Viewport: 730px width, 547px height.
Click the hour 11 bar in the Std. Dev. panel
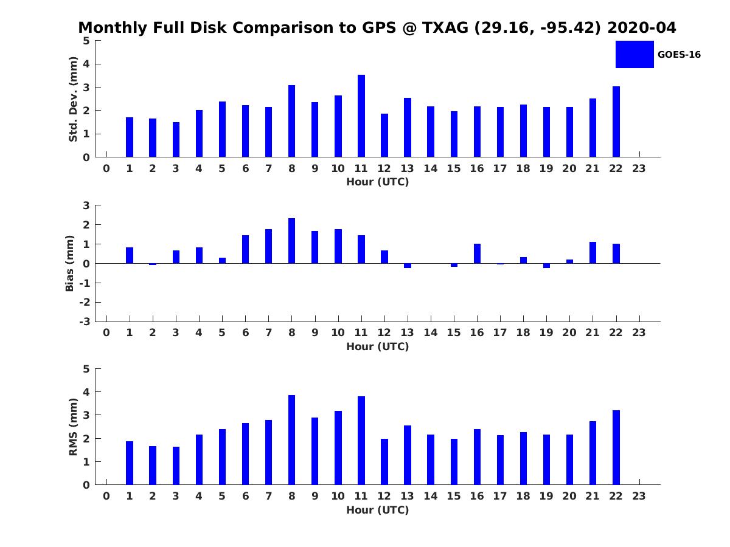click(x=361, y=116)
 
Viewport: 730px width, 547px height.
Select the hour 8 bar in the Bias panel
click(x=291, y=241)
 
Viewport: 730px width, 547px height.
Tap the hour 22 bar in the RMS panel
click(x=616, y=447)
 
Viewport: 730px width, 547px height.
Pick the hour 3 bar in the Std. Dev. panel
click(x=176, y=140)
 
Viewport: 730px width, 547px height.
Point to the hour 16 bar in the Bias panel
click(x=478, y=253)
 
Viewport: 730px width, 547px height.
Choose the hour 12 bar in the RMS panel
click(x=384, y=462)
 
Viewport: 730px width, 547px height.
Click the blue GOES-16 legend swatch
click(x=634, y=55)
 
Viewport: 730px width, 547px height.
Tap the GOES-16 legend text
click(x=679, y=55)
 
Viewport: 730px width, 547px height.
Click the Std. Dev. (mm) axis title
click(x=73, y=99)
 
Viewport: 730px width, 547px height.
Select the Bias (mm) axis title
click(x=69, y=263)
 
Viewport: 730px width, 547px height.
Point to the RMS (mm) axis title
click(x=73, y=427)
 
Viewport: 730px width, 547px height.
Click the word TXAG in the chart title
click(x=445, y=27)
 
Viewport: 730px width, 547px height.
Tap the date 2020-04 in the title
click(x=642, y=27)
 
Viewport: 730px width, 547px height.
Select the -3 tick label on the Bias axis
click(x=85, y=322)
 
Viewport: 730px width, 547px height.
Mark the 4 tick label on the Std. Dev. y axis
click(x=86, y=64)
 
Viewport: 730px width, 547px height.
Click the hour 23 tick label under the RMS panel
click(x=639, y=496)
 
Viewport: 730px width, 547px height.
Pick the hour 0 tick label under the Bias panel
click(x=106, y=332)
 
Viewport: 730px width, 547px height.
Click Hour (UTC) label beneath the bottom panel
click(x=378, y=510)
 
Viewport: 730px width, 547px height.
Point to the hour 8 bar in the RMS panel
click(x=291, y=439)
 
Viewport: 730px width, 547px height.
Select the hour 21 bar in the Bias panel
click(x=593, y=253)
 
